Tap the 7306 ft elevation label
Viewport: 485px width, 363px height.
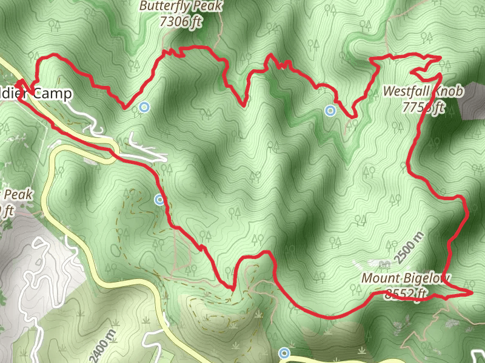(x=181, y=21)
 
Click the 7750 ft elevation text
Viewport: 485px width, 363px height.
(x=424, y=108)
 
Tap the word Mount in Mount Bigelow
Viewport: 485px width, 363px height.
(x=380, y=279)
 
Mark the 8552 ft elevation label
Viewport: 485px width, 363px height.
(x=406, y=294)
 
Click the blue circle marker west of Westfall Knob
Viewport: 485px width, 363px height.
(x=330, y=111)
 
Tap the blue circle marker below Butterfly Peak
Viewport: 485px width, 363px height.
(x=144, y=108)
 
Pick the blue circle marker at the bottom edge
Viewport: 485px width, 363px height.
(x=284, y=353)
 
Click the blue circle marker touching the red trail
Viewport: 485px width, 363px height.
(x=159, y=200)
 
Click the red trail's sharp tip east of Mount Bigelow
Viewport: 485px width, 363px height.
(x=471, y=292)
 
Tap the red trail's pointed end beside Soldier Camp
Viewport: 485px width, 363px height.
(x=18, y=80)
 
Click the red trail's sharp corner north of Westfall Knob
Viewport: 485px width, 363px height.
(x=440, y=57)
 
